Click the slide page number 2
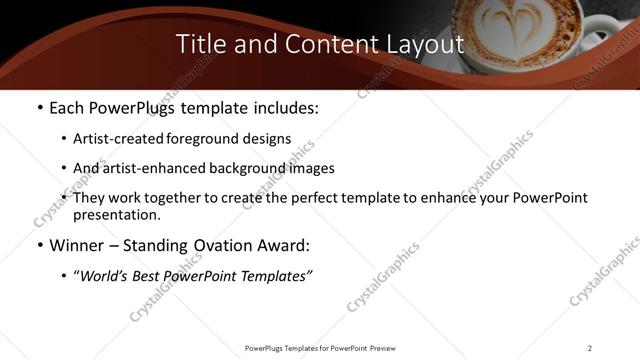[x=590, y=348]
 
